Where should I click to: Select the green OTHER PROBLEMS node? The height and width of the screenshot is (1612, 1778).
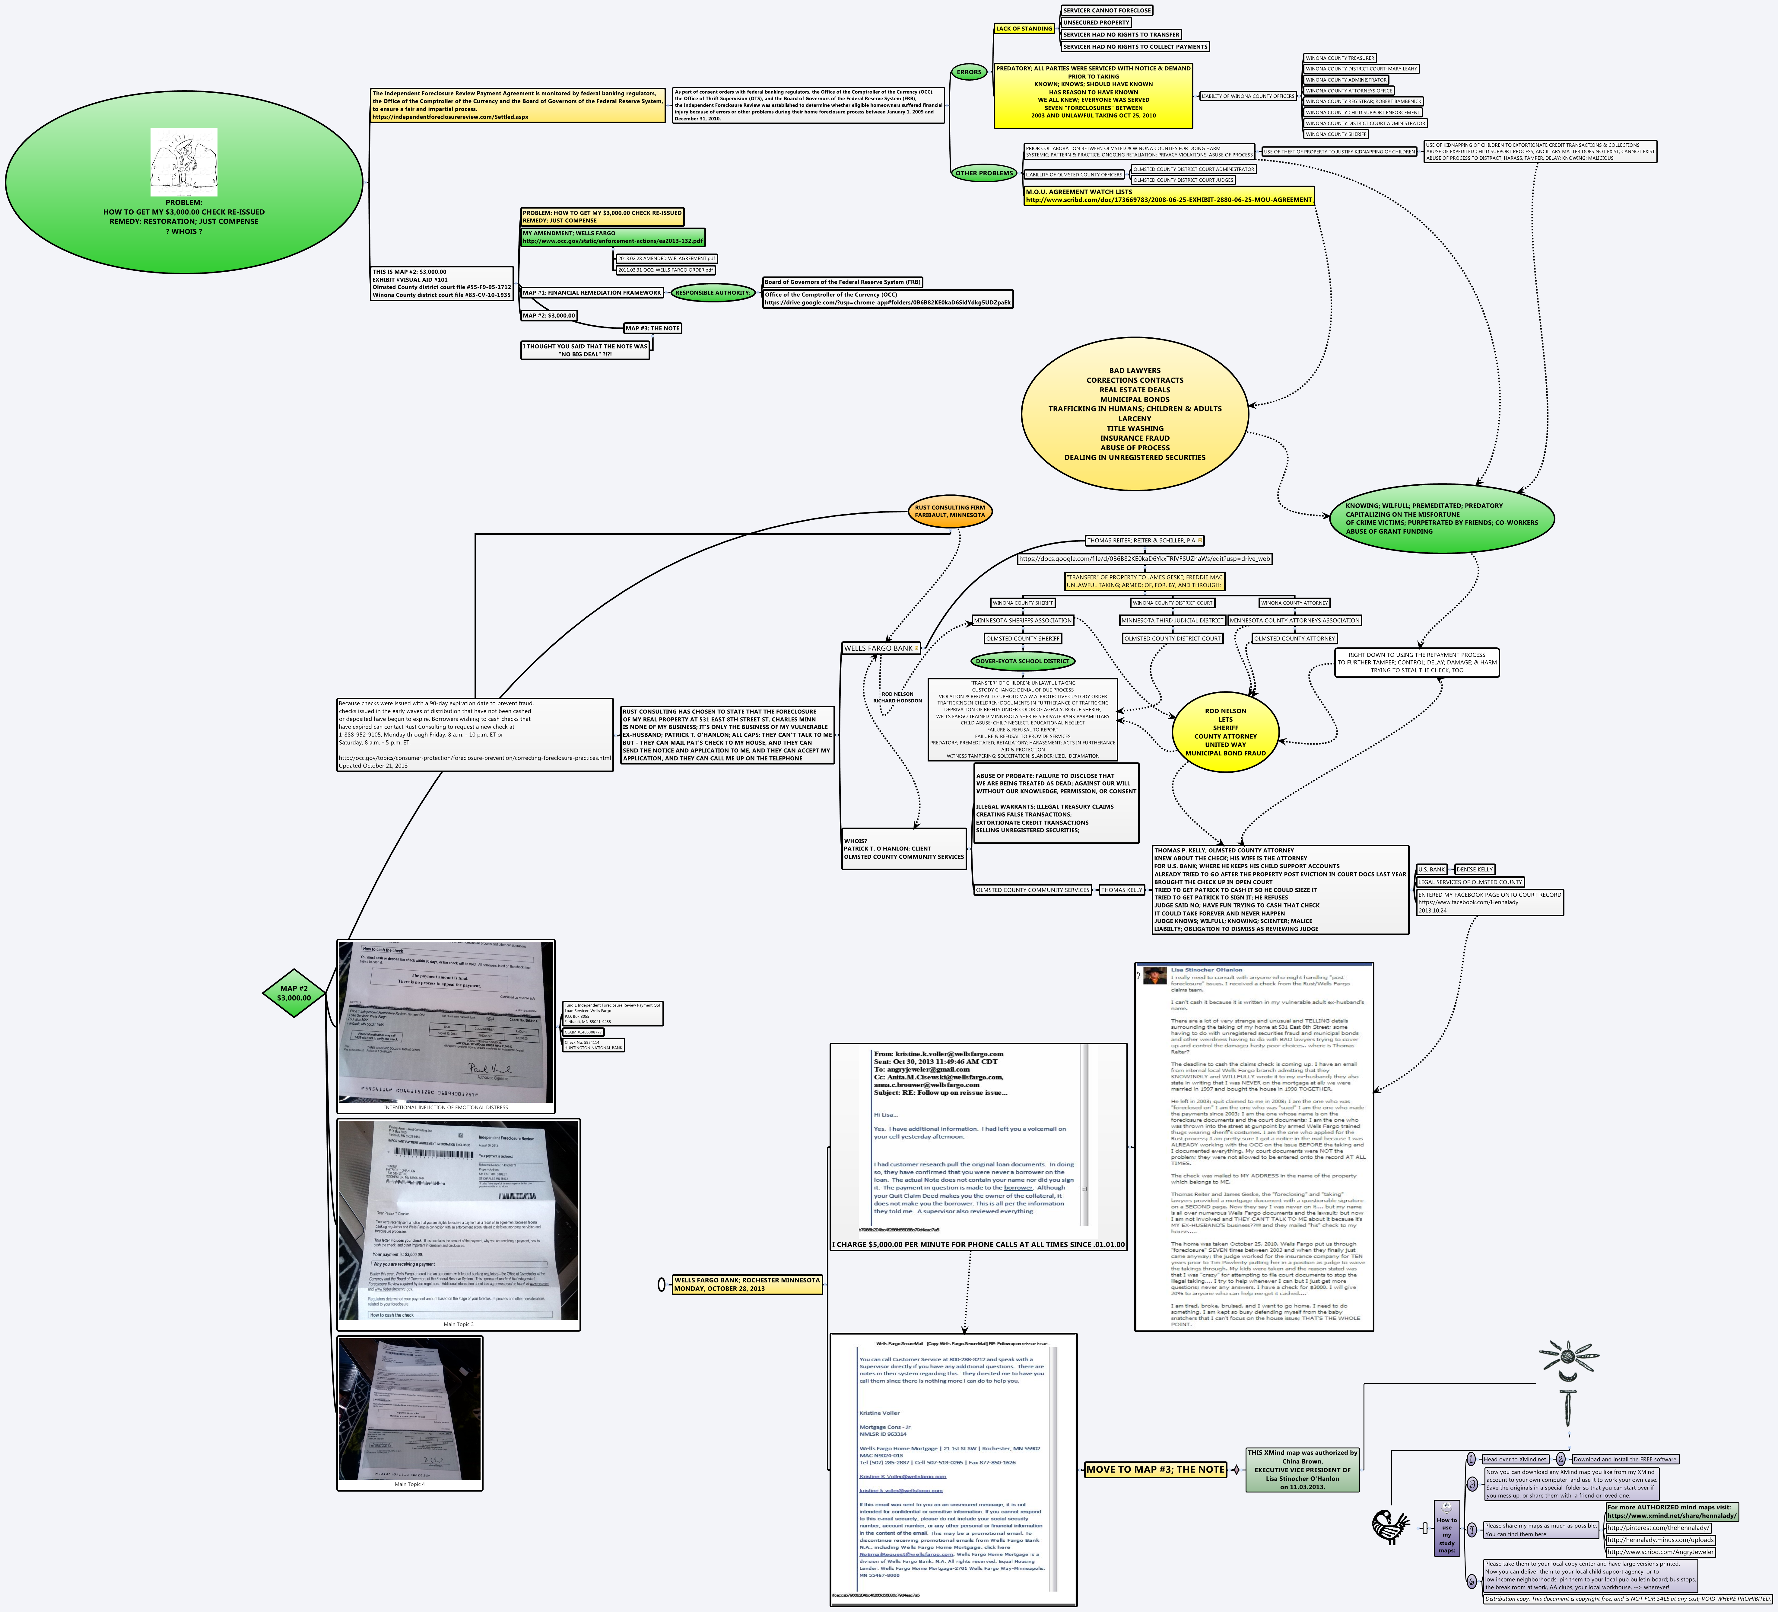pyautogui.click(x=983, y=173)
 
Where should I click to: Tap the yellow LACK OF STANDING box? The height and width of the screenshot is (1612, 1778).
pyautogui.click(x=1024, y=29)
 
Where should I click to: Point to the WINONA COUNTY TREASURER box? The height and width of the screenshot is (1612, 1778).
pyautogui.click(x=1340, y=58)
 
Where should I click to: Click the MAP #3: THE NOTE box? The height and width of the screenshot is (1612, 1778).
pyautogui.click(x=652, y=328)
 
